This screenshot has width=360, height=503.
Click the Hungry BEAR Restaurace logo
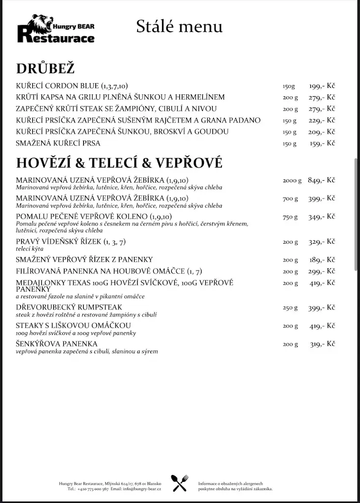tap(55, 28)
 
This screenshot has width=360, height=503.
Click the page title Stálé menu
tap(179, 26)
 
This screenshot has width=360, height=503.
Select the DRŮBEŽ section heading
tap(45, 69)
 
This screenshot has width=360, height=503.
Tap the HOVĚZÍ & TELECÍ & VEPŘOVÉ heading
tap(119, 162)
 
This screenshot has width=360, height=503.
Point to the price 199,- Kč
tap(322, 85)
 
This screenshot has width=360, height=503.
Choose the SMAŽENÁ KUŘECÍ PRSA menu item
tap(58, 143)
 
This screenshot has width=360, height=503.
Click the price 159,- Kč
tap(322, 143)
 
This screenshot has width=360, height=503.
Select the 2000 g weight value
tap(292, 180)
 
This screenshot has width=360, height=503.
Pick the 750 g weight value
tap(290, 217)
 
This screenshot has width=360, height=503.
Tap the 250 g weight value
tap(290, 307)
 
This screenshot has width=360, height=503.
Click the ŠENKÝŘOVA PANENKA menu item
tap(56, 344)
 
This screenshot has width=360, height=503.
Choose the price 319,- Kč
tap(322, 344)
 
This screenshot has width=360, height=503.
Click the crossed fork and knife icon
tap(180, 483)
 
